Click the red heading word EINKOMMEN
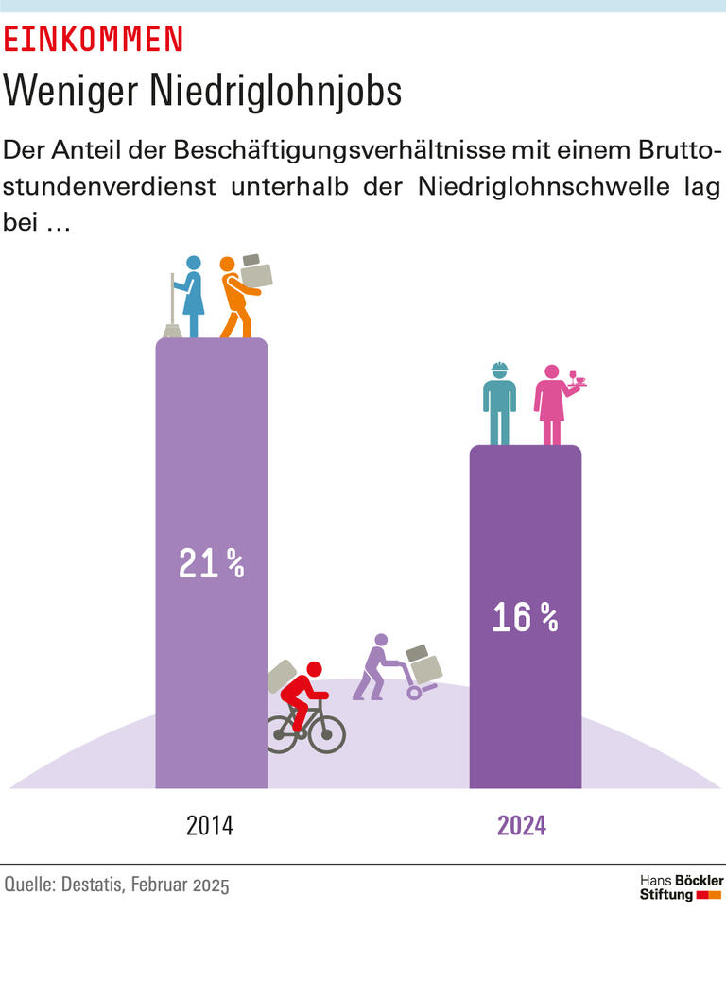tap(94, 39)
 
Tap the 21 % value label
tap(211, 563)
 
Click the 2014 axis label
tap(210, 825)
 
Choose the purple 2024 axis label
tap(522, 825)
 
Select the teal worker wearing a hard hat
tap(499, 402)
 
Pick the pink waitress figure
tap(551, 404)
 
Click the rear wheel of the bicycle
tap(282, 733)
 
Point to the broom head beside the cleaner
tap(172, 331)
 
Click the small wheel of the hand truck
tap(414, 693)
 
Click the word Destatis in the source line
tap(91, 885)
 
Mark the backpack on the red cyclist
tap(282, 676)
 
